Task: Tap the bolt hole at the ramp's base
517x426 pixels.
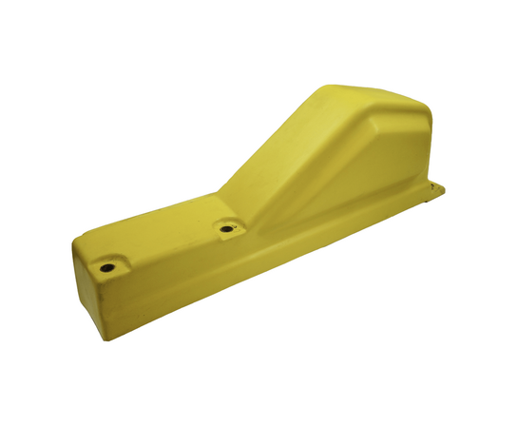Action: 226,229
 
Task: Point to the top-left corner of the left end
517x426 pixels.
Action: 73,249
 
